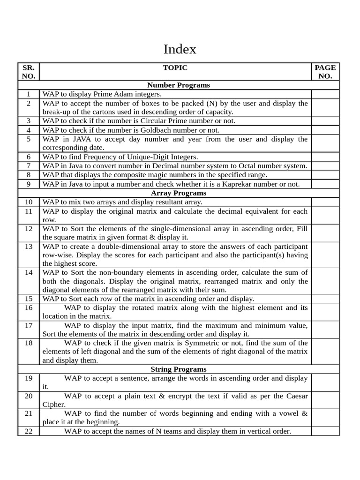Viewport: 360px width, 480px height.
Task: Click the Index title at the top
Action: (180, 49)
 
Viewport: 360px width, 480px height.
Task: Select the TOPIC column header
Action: (175, 67)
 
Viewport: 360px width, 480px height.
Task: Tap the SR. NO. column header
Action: (29, 72)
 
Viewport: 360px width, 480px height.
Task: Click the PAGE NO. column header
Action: (325, 72)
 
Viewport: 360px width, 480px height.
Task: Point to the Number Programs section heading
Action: (178, 85)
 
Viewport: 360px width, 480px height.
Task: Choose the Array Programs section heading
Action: (178, 193)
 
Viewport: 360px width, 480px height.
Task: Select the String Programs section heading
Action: (178, 369)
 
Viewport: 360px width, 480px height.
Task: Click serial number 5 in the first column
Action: (29, 139)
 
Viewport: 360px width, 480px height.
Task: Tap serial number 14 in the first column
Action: (29, 272)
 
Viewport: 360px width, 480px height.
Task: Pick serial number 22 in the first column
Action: (29, 431)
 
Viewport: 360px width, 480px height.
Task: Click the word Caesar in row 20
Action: (296, 396)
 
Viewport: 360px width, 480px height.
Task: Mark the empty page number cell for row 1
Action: (325, 94)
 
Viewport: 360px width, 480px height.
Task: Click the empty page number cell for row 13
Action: (325, 255)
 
